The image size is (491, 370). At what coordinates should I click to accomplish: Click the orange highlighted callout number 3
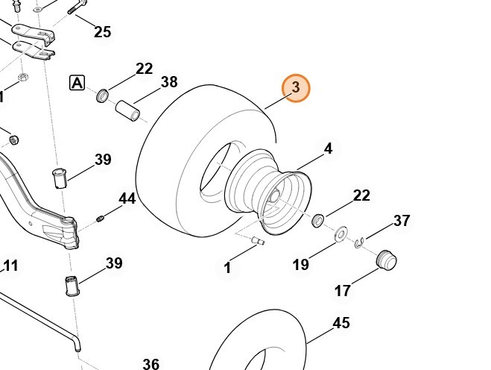(x=296, y=88)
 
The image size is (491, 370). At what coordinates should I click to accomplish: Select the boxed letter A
(x=77, y=82)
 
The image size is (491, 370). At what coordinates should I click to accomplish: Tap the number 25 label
(x=102, y=31)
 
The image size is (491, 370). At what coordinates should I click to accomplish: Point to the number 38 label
(x=169, y=81)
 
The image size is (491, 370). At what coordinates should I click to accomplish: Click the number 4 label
(x=328, y=148)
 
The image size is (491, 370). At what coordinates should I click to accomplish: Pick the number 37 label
(x=402, y=220)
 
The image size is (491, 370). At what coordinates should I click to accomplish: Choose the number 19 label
(x=300, y=264)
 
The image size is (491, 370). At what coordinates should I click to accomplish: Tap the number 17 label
(x=342, y=291)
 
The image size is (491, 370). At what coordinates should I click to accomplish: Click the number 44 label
(x=127, y=198)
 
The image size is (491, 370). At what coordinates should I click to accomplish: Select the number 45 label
(x=341, y=323)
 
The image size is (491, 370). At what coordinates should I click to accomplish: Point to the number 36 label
(x=151, y=363)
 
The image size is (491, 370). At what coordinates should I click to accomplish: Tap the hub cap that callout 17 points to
(x=386, y=260)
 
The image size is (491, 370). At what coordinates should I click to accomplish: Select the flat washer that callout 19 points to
(x=341, y=234)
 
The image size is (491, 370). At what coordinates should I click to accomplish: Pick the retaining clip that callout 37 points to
(x=360, y=242)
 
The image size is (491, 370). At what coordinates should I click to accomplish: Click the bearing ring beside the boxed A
(x=103, y=95)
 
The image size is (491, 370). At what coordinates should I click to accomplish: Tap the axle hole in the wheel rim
(x=274, y=196)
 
